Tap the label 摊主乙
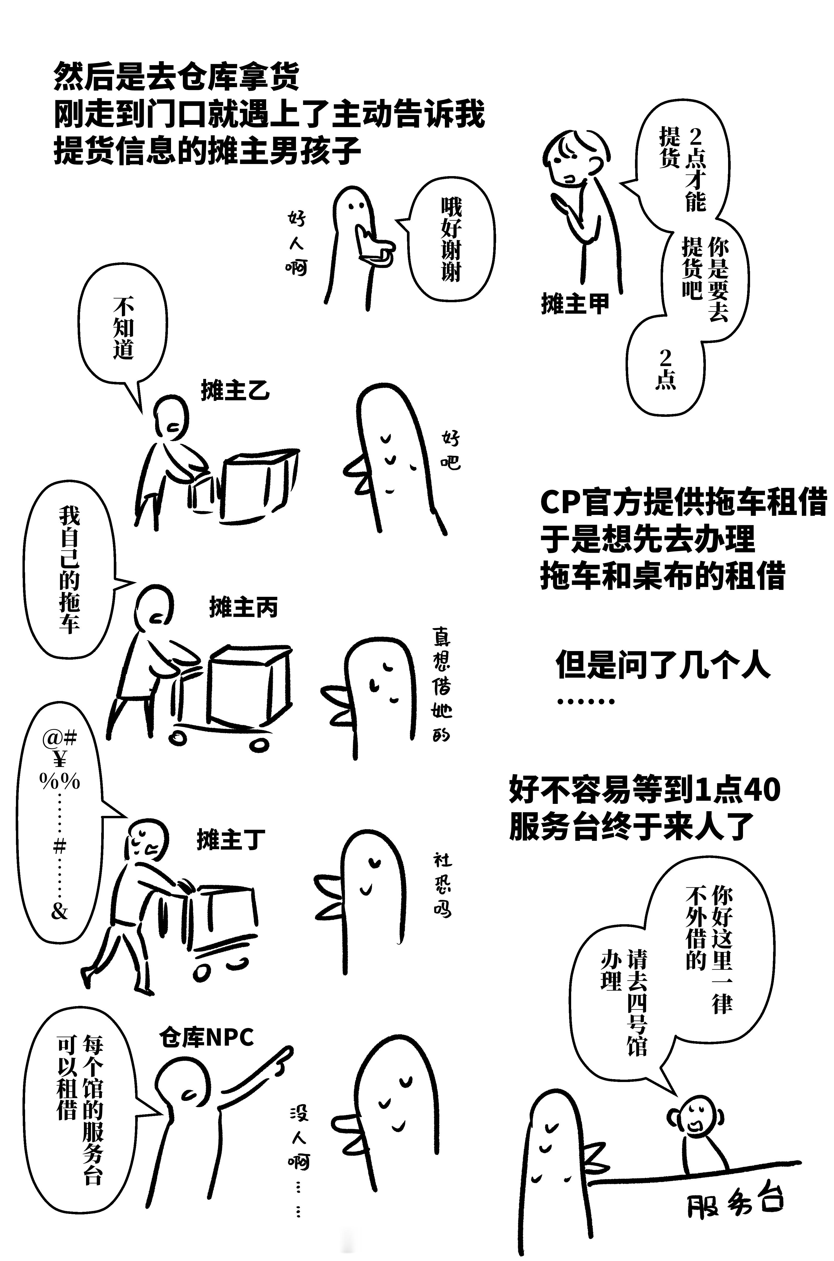[x=235, y=390]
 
